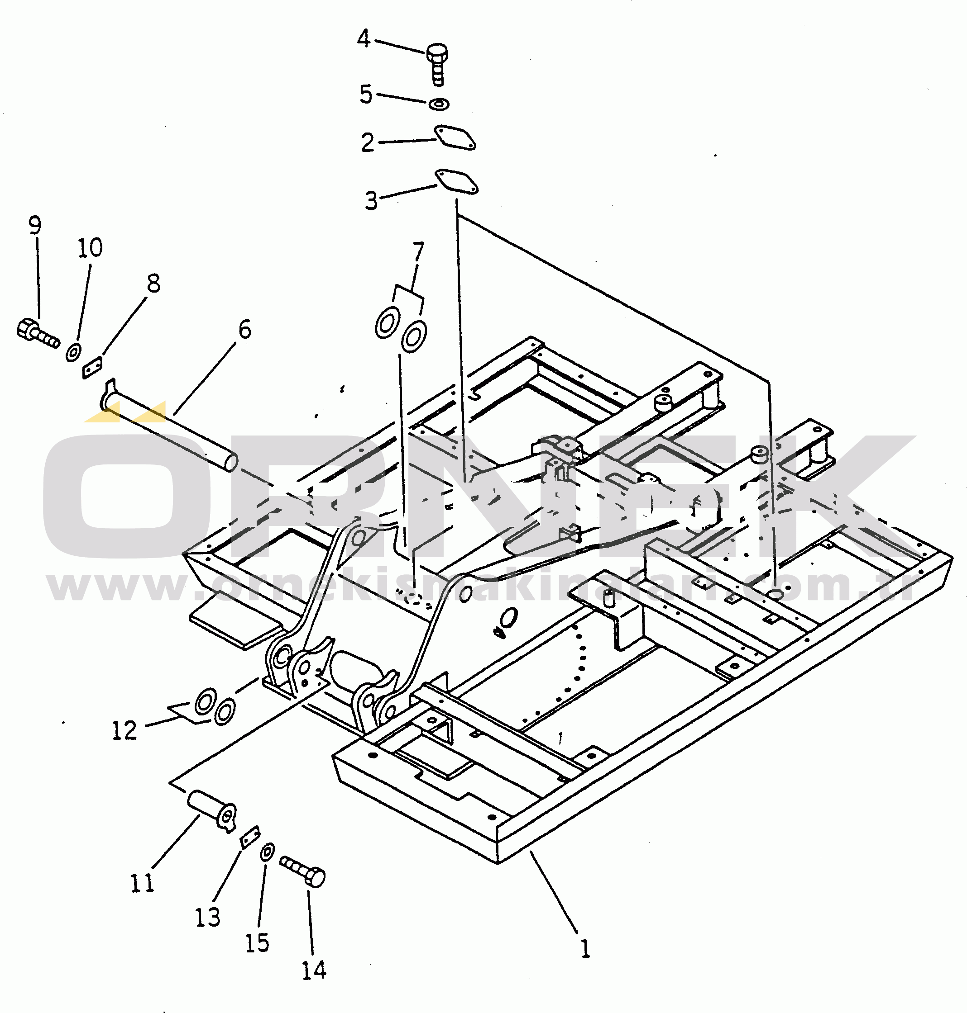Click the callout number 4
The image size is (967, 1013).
(364, 38)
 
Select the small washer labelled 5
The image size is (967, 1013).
(439, 104)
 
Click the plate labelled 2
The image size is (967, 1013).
(455, 137)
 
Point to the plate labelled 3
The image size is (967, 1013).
(456, 181)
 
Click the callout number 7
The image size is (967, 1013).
(418, 252)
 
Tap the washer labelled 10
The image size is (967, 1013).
(73, 352)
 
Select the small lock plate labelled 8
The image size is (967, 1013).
(93, 368)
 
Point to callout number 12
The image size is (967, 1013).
(124, 730)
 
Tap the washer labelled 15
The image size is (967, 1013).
(268, 852)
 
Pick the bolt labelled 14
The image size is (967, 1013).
(302, 872)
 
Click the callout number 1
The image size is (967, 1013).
(584, 948)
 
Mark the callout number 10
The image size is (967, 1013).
(90, 248)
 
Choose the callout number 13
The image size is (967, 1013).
(207, 917)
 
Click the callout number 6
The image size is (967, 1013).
(245, 330)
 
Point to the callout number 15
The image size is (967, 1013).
(257, 943)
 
